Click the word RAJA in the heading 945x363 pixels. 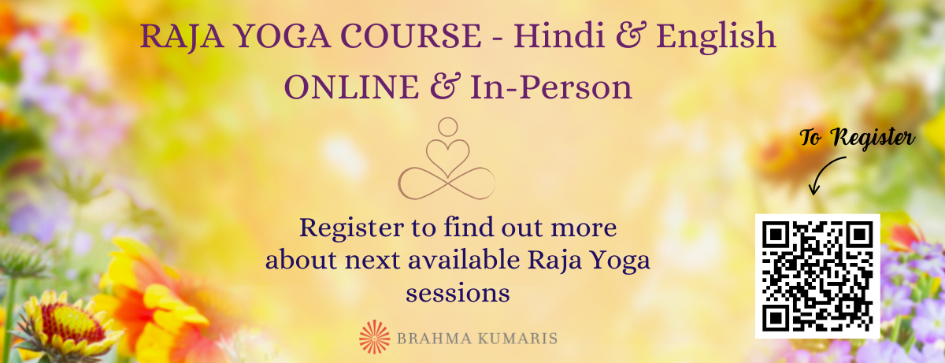click(x=182, y=36)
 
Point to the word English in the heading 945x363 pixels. click(x=716, y=37)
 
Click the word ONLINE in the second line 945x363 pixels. click(x=352, y=87)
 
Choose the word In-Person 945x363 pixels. click(x=551, y=87)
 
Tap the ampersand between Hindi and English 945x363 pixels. click(x=631, y=36)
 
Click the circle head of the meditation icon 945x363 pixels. click(x=447, y=127)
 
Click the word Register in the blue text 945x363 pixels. click(x=352, y=229)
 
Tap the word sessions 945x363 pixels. click(x=458, y=294)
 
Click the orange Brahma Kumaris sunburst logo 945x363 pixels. click(x=375, y=337)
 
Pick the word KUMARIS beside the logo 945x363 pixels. click(x=517, y=339)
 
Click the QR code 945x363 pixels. click(x=817, y=276)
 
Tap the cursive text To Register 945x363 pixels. click(x=858, y=138)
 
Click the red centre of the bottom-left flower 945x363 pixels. click(x=72, y=323)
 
